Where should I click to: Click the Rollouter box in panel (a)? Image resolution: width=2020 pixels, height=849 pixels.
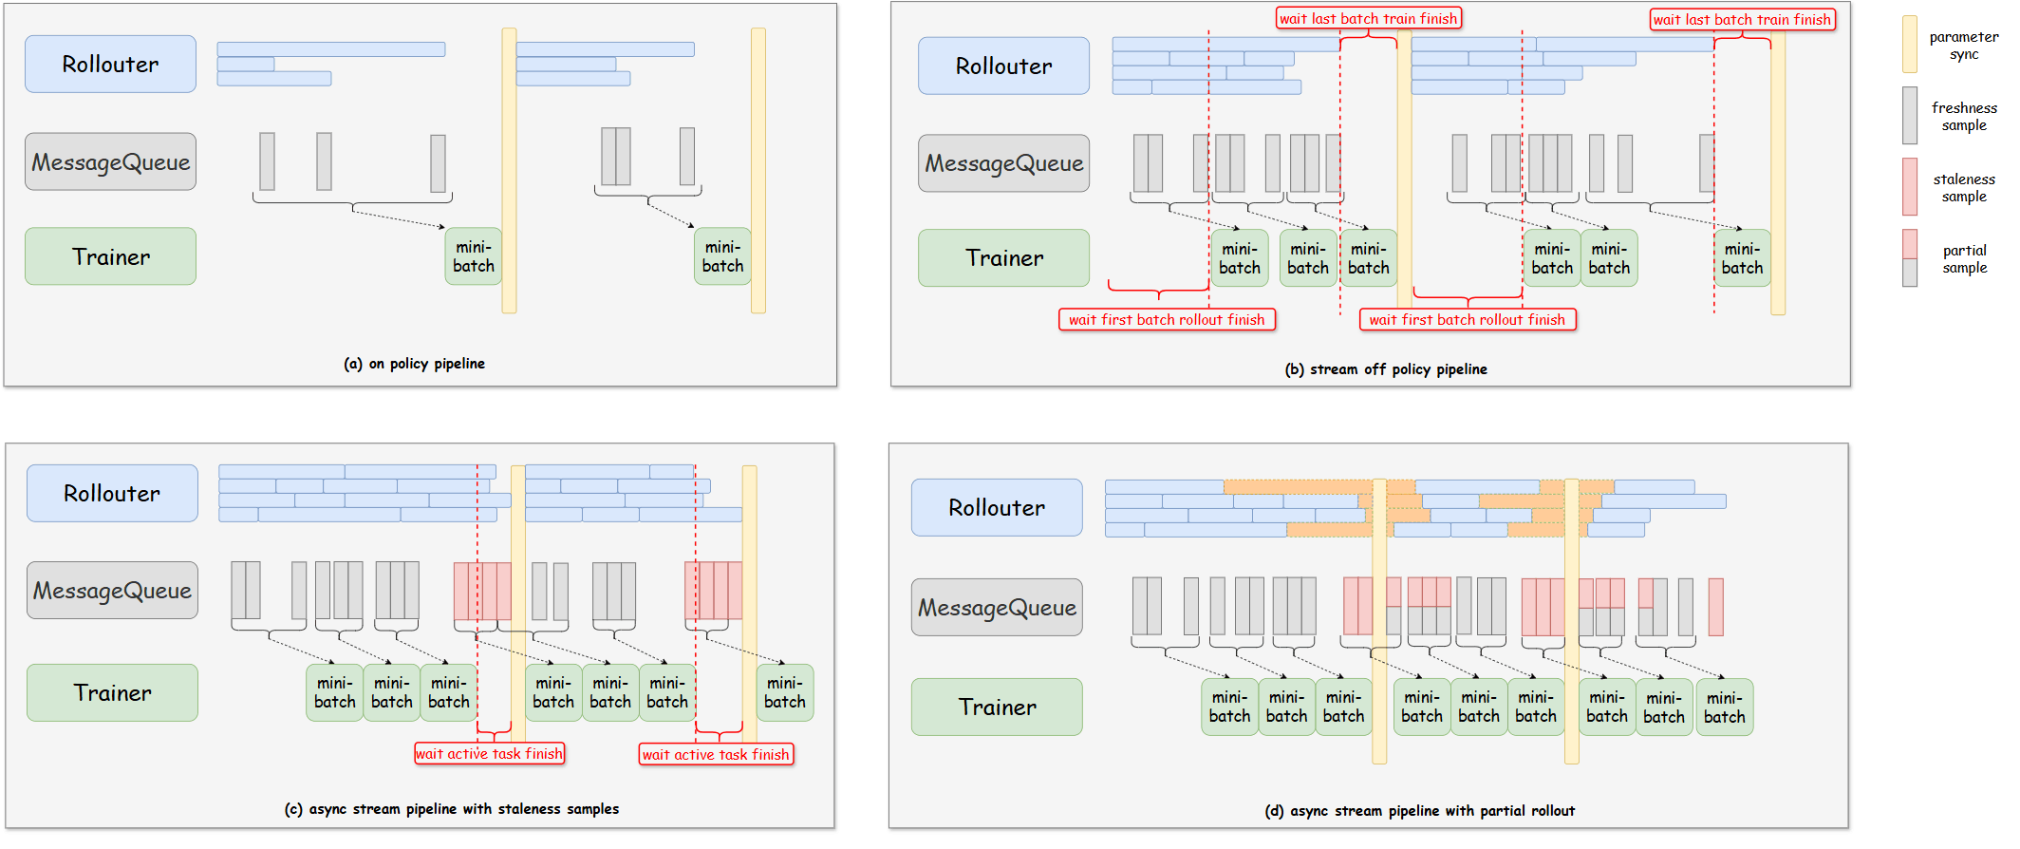[x=110, y=64]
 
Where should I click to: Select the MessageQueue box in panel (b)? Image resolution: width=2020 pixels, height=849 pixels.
[x=1003, y=163]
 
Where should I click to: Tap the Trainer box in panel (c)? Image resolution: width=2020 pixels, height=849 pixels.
[x=112, y=692]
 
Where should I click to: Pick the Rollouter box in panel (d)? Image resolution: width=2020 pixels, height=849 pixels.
[x=997, y=507]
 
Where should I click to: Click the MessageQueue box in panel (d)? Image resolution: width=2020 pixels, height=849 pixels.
[x=997, y=607]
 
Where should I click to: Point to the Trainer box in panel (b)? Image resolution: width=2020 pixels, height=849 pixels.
[x=1003, y=257]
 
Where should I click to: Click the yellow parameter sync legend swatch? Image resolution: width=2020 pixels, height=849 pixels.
[x=1910, y=44]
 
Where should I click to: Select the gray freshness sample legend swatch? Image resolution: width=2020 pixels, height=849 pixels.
[x=1910, y=115]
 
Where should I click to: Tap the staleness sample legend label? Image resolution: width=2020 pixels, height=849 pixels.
[x=1964, y=187]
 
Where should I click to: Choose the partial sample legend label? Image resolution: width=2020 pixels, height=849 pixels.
[x=1964, y=258]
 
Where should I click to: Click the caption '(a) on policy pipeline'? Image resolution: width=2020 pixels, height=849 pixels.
[x=414, y=364]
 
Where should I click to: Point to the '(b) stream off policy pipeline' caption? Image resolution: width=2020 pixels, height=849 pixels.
[x=1386, y=369]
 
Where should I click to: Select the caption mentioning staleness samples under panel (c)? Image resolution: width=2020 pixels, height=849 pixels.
[x=452, y=809]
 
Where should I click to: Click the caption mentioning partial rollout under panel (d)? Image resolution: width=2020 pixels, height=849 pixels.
[x=1419, y=811]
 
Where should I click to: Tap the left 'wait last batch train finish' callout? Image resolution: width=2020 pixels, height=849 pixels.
[x=1368, y=18]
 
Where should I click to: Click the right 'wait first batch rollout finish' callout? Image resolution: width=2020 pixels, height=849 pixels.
[x=1468, y=320]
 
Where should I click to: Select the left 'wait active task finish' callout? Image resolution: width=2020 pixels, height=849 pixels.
[x=489, y=754]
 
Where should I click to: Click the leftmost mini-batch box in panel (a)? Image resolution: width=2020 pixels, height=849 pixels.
[x=473, y=256]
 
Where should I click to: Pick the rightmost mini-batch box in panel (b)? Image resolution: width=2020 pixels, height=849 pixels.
[x=1742, y=258]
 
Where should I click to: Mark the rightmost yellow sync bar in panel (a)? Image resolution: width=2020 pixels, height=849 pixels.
[x=757, y=171]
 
